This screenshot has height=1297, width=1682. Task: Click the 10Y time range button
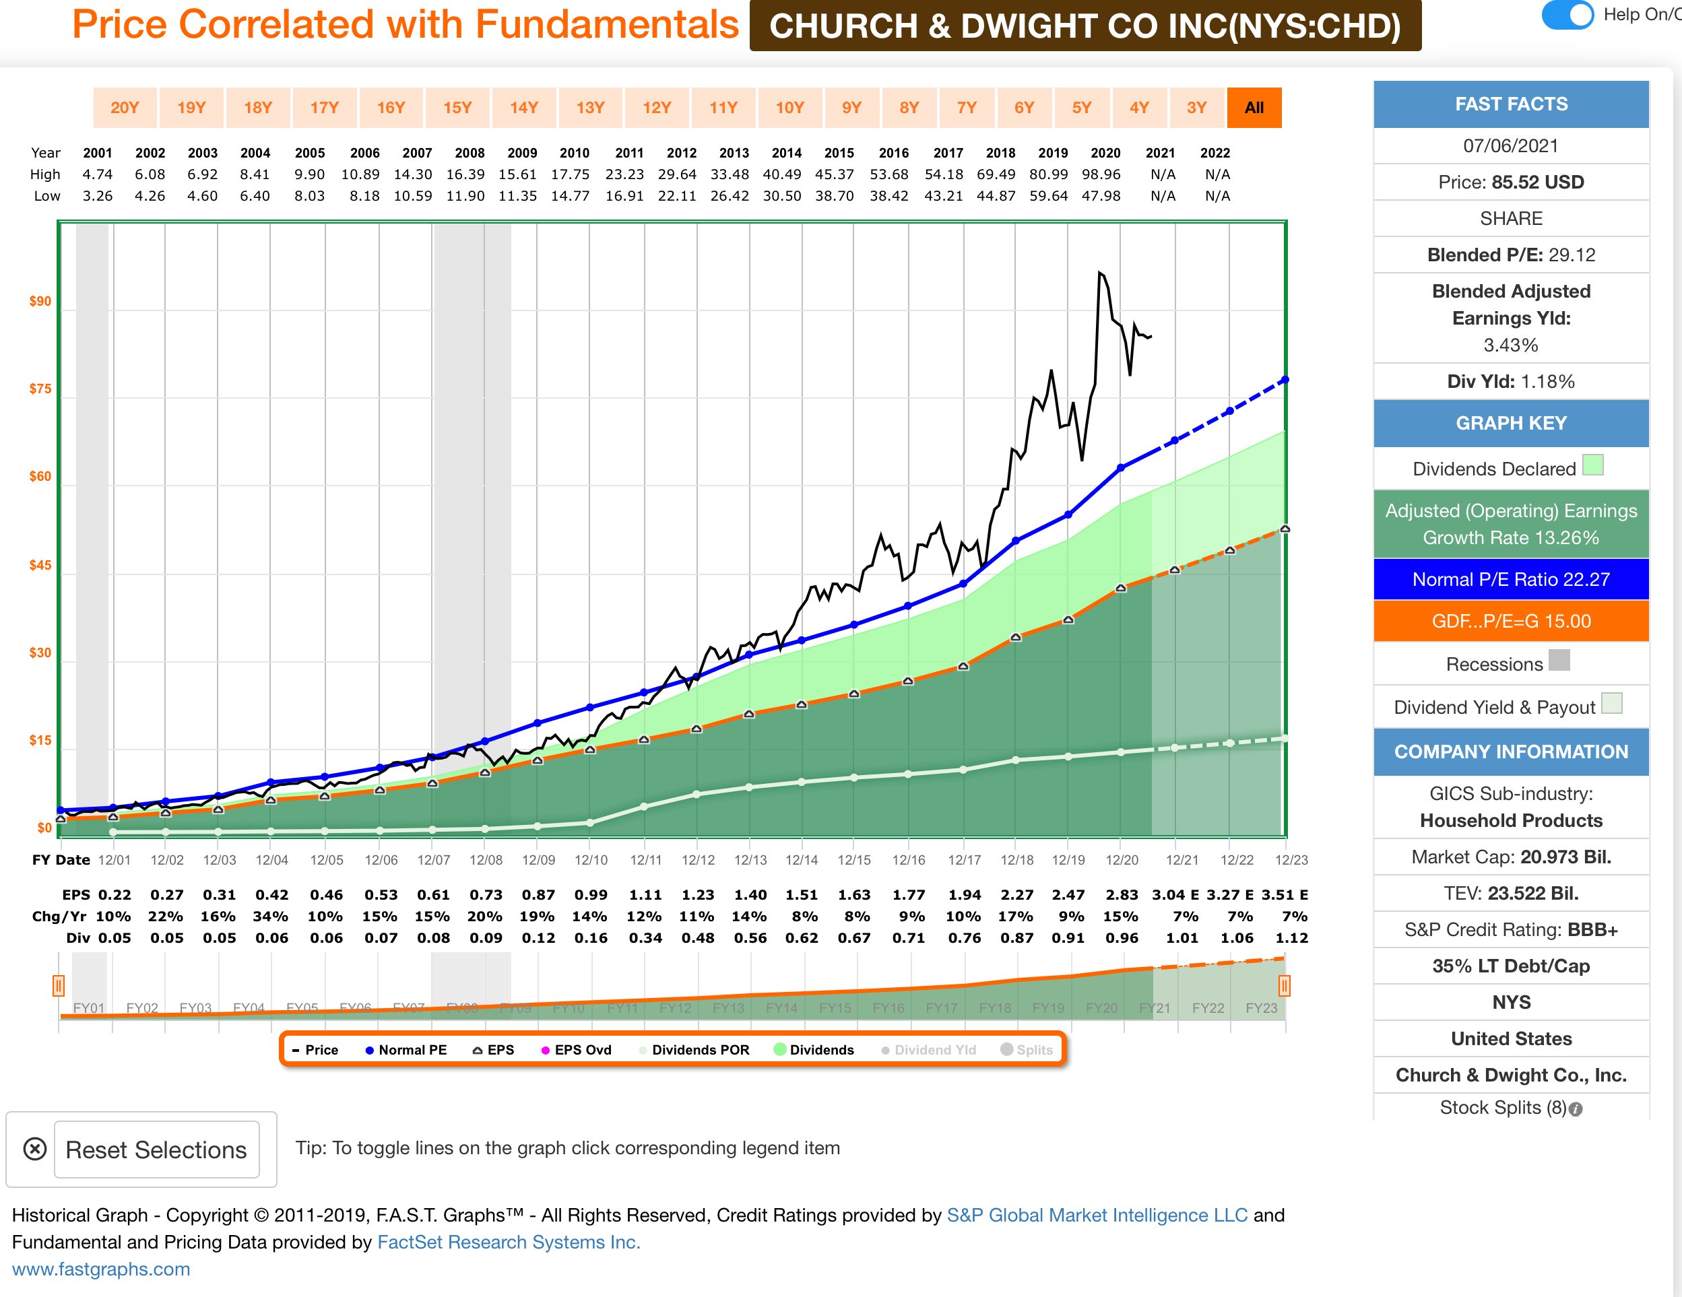(x=789, y=108)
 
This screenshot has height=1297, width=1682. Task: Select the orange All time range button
(x=1254, y=108)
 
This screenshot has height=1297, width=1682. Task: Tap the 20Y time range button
(x=125, y=108)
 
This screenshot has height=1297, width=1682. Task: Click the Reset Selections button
(x=156, y=1150)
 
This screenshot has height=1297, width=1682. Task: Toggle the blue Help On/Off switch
(x=1567, y=15)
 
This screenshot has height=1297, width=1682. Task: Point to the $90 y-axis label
(x=40, y=301)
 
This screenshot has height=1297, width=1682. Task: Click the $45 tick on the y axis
(x=40, y=565)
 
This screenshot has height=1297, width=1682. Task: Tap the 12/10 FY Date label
(x=591, y=860)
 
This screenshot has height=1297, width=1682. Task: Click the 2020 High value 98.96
(x=1101, y=174)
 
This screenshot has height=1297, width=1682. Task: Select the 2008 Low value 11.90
(x=466, y=196)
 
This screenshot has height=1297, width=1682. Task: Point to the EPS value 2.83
(x=1122, y=894)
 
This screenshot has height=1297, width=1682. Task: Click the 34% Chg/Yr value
(x=272, y=916)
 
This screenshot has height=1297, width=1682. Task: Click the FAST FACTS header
(x=1510, y=104)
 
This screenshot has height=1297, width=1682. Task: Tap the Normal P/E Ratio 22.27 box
(x=1510, y=579)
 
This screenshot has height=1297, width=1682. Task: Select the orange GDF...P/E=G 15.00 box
(x=1510, y=621)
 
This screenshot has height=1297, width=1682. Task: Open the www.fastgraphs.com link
(x=101, y=1269)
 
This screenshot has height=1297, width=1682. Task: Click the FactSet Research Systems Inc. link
(x=509, y=1242)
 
